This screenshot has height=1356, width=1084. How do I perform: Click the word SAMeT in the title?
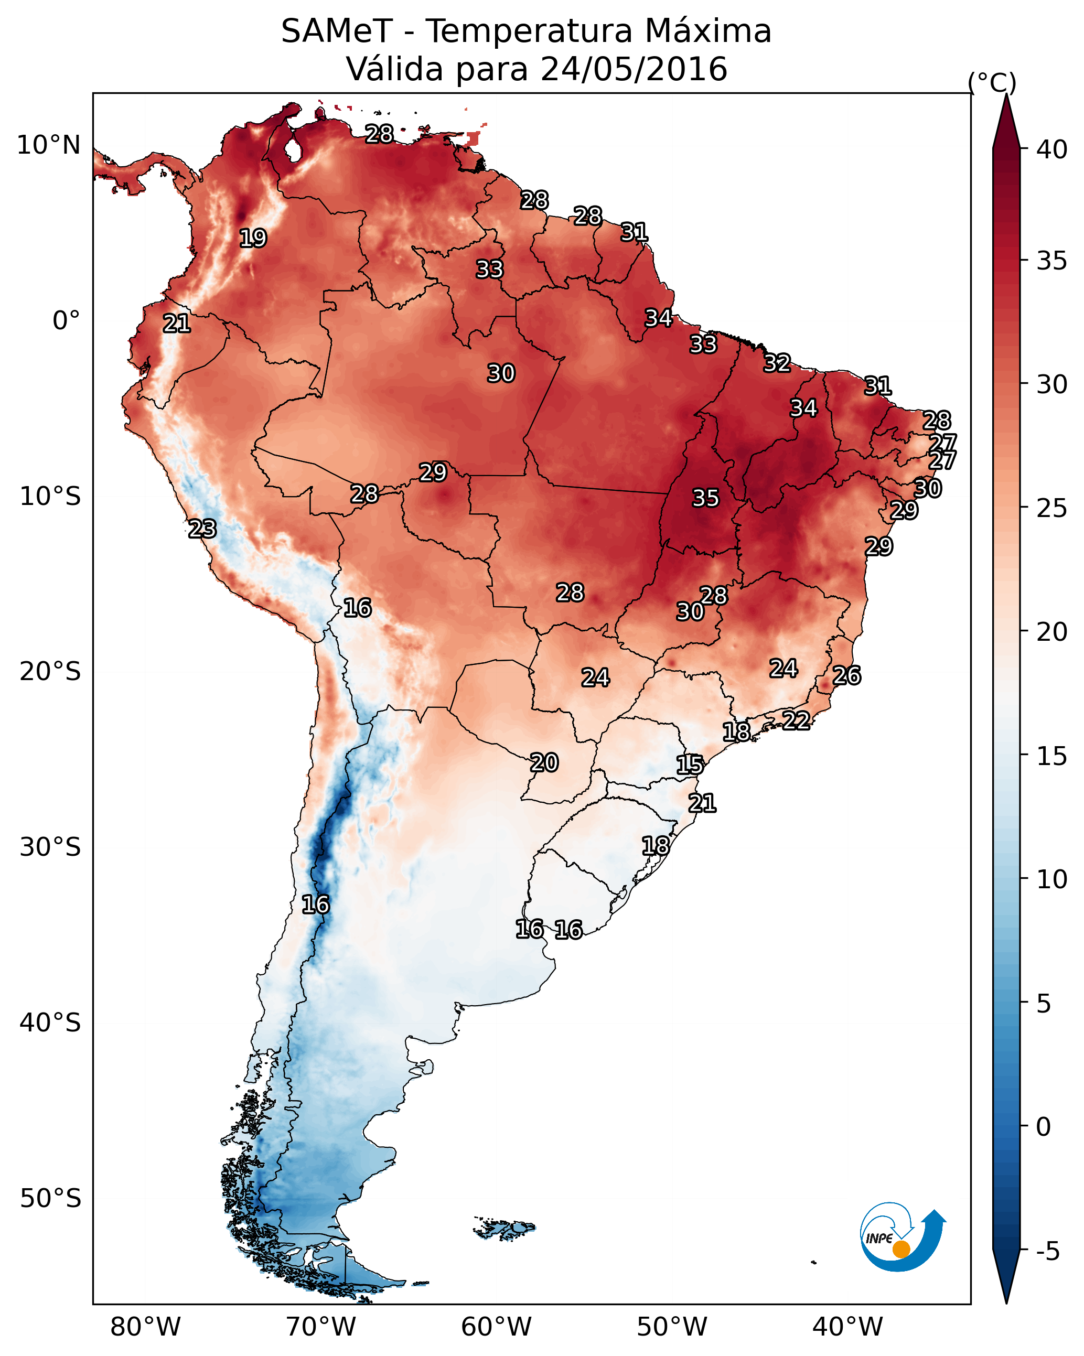pos(337,31)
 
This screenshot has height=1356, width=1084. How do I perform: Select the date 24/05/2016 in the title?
pos(634,69)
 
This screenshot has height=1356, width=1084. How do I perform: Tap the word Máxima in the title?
pos(709,31)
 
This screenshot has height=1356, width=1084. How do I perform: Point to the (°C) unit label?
pos(992,82)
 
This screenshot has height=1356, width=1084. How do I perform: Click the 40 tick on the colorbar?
pos(1051,149)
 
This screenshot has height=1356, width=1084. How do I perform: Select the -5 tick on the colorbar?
pos(1047,1252)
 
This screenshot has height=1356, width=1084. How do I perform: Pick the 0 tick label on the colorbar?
pos(1043,1126)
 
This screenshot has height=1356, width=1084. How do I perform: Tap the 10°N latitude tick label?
pos(48,145)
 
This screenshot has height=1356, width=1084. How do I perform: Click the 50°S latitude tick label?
pos(50,1199)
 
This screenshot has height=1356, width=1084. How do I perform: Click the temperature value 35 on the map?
pos(705,498)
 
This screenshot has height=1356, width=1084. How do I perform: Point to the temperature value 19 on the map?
pos(253,239)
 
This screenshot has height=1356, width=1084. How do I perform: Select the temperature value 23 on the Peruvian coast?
pos(202,529)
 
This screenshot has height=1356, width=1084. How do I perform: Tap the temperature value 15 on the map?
pos(690,765)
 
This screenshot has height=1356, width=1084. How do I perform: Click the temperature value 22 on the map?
pos(796,720)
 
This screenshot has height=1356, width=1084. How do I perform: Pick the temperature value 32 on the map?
pos(777,363)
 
